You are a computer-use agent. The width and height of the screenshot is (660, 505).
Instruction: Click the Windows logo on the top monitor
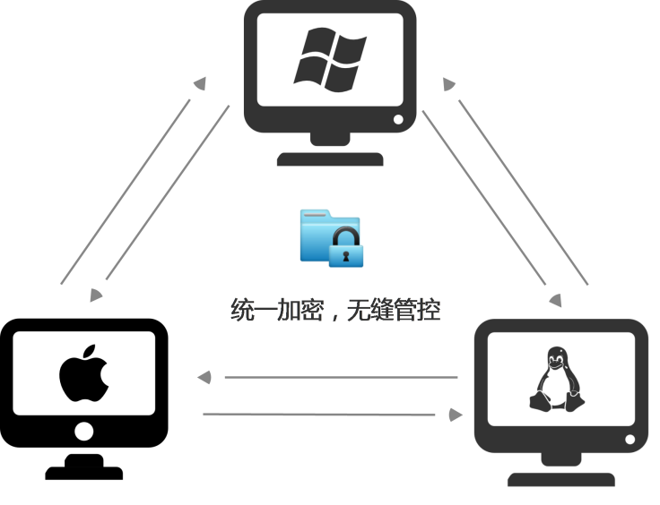click(x=330, y=59)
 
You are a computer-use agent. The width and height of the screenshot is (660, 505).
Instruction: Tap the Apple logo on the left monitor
click(x=84, y=373)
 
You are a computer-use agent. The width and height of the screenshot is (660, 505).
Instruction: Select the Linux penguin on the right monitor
click(x=557, y=379)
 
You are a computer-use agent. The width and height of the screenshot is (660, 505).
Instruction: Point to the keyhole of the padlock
click(x=346, y=256)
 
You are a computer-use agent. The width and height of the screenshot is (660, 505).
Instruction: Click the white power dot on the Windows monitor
click(x=398, y=119)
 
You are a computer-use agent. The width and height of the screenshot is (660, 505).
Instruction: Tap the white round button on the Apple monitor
click(x=83, y=431)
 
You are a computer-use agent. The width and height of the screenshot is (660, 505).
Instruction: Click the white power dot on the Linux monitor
click(x=630, y=440)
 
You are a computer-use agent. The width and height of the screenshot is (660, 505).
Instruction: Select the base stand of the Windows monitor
click(x=330, y=159)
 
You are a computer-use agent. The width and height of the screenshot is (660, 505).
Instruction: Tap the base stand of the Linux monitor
click(x=561, y=479)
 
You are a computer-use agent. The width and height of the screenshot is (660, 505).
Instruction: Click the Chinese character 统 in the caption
click(x=242, y=310)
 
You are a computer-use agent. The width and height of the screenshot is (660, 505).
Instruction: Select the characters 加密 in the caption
click(x=300, y=310)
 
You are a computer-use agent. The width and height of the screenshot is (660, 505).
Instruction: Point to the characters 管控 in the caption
click(x=417, y=310)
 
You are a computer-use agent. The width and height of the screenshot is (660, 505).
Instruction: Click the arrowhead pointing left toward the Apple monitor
click(x=204, y=377)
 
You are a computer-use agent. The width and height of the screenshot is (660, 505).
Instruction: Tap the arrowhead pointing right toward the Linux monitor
click(x=456, y=415)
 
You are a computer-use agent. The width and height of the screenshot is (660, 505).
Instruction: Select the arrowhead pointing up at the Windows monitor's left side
click(x=200, y=83)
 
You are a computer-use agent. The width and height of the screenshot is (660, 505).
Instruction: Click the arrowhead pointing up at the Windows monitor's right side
click(x=448, y=84)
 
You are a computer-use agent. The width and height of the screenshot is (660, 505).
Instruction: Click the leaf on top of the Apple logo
click(x=90, y=352)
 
